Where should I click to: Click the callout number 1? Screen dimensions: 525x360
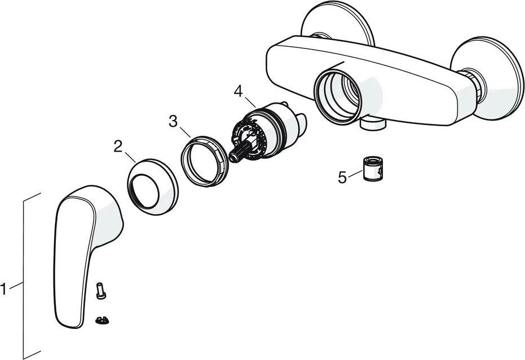point(3,290)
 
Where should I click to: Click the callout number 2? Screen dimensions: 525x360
point(118,146)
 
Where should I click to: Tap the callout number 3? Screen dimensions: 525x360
point(173,122)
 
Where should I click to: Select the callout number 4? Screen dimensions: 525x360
point(238,91)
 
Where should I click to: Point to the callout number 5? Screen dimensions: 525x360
point(342,177)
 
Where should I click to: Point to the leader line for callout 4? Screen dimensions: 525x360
point(250,101)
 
